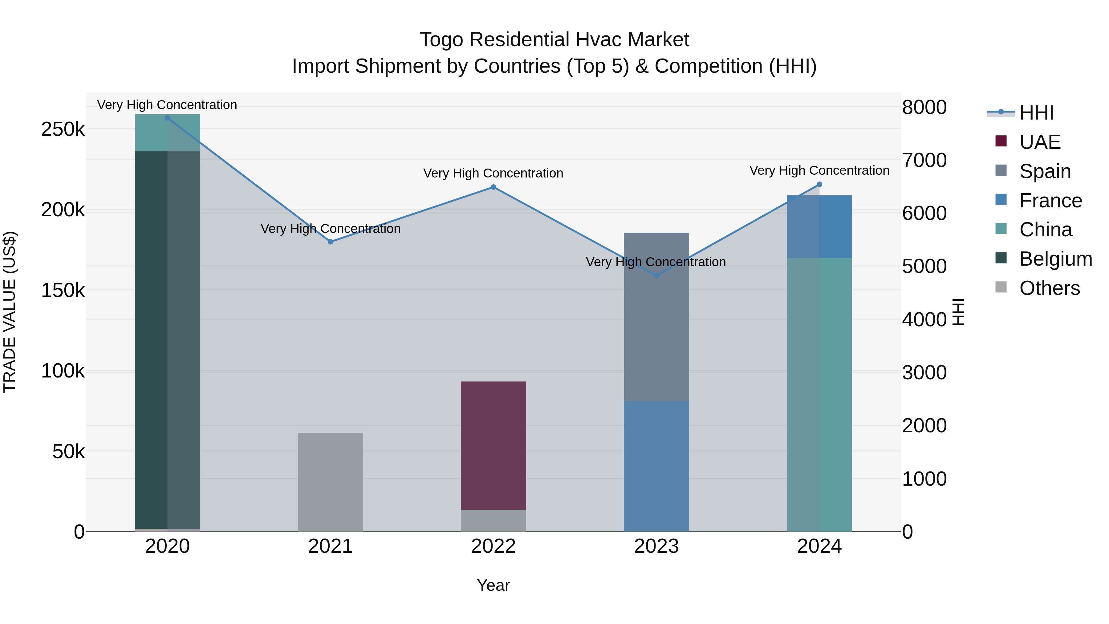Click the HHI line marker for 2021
click(331, 242)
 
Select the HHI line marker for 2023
click(656, 275)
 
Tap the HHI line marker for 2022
click(494, 187)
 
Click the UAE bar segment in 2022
click(494, 445)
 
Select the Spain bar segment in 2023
click(656, 316)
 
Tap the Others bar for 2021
click(331, 482)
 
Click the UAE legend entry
click(1040, 142)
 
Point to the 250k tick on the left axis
click(63, 129)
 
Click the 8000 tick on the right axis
click(924, 107)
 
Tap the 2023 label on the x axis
click(656, 546)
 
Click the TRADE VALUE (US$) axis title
click(10, 312)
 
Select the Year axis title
click(494, 585)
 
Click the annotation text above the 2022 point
click(494, 173)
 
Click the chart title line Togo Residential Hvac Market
click(554, 40)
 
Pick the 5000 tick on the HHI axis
click(924, 267)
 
